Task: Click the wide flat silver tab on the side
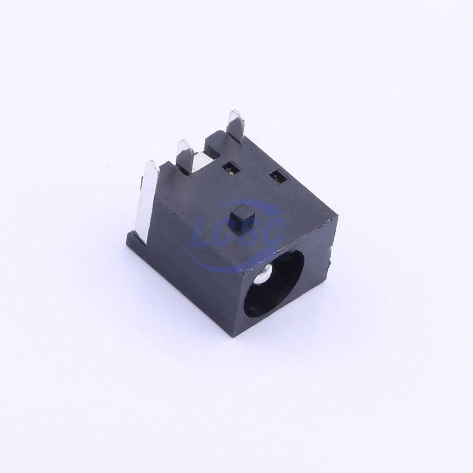[x=149, y=199]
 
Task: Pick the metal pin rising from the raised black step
[x=236, y=126]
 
